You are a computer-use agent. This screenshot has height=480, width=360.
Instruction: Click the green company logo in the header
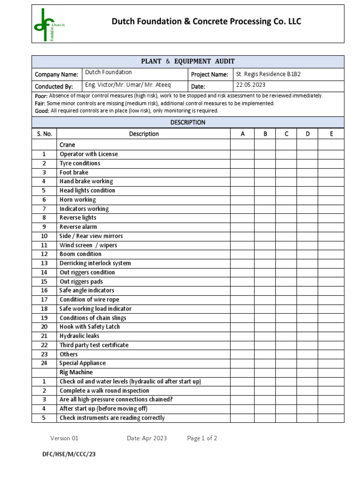point(49,24)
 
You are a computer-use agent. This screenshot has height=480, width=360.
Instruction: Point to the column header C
point(286,134)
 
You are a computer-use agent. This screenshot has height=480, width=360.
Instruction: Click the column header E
point(331,134)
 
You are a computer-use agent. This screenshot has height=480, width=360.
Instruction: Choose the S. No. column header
point(44,134)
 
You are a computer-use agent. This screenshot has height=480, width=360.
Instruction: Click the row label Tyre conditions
point(80,163)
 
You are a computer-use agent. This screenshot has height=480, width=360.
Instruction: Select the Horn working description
point(77,200)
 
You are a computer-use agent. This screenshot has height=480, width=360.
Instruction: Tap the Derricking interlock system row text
point(95,263)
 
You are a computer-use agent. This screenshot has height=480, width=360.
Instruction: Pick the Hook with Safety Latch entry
point(90,327)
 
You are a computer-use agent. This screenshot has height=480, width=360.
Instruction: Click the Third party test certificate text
point(94,345)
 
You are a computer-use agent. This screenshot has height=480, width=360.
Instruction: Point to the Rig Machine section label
point(76,372)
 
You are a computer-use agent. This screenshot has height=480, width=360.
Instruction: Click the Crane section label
point(67,145)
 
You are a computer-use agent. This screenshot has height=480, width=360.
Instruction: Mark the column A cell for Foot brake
point(242,172)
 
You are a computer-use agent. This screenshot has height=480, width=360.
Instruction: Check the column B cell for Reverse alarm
point(265,227)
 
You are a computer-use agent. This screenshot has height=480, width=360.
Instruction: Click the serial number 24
point(44,363)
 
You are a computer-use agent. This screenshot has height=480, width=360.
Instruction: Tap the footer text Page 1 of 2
point(202,438)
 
